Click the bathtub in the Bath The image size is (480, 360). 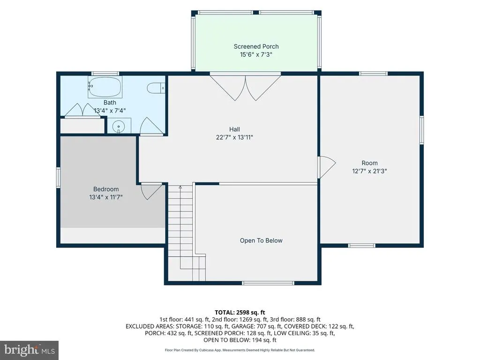click(105, 87)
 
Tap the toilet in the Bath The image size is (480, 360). click(156, 88)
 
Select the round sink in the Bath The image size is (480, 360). click(119, 126)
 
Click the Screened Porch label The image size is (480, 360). click(256, 46)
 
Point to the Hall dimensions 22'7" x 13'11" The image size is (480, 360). click(234, 137)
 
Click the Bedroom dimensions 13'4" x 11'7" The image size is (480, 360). click(106, 197)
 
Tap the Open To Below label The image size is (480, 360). click(261, 240)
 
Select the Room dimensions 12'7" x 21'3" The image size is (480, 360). click(369, 171)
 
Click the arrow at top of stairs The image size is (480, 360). click(180, 187)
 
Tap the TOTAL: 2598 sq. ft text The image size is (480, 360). click(240, 313)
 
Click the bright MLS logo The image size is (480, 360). click(30, 350)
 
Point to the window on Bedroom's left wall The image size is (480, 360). click(58, 177)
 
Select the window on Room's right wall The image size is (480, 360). click(421, 130)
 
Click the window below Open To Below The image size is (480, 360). click(268, 283)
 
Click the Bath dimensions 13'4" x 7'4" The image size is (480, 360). click(110, 111)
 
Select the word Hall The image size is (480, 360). click(234, 129)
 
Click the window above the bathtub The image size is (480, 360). click(105, 74)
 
